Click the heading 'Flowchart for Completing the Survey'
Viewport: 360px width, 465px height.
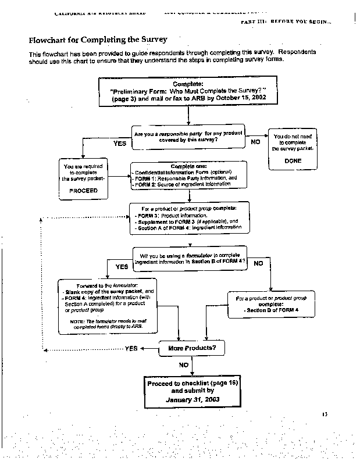[x=98, y=40]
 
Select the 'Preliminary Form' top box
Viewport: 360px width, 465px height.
[x=188, y=92]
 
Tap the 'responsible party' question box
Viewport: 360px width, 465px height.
[x=188, y=137]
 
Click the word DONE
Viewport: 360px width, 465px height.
[x=293, y=160]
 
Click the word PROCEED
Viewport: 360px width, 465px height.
[x=83, y=189]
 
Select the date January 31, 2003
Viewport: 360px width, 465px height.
[x=191, y=400]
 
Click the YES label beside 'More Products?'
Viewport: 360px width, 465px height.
[x=131, y=349]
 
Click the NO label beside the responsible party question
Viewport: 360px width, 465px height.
[x=255, y=141]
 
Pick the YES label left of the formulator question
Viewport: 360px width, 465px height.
[x=122, y=267]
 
